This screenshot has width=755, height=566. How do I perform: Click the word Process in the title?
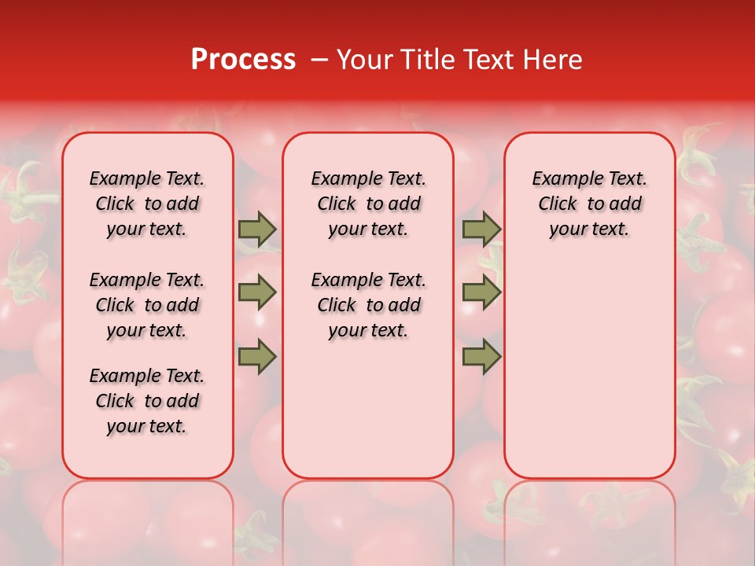tap(243, 60)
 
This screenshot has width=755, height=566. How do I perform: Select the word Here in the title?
tap(552, 60)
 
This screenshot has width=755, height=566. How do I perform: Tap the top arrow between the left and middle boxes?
tap(257, 229)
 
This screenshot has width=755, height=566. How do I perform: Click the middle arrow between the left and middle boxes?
tap(257, 292)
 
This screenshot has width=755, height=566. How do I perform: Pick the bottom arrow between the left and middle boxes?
tap(257, 356)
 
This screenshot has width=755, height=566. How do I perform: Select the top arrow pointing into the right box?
tap(481, 229)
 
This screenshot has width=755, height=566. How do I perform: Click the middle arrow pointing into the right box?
tap(481, 292)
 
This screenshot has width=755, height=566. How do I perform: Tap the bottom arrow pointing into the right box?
tap(481, 356)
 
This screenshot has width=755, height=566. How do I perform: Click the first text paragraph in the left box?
tap(147, 204)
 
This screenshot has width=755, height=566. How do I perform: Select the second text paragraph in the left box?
tap(147, 305)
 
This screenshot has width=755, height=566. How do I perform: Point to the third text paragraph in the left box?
tap(147, 401)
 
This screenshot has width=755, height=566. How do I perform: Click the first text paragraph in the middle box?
tap(368, 204)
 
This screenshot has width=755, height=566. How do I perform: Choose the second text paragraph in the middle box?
tap(368, 305)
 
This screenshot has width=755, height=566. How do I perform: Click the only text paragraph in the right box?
tap(589, 204)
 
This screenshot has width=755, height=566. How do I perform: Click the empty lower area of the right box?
tap(589, 369)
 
